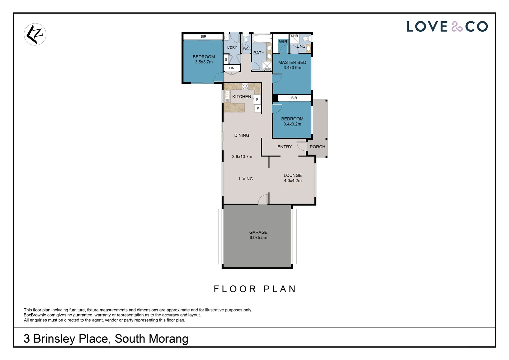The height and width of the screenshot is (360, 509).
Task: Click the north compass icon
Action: tap(35, 34)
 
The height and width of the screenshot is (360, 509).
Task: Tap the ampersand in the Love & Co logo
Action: tap(457, 27)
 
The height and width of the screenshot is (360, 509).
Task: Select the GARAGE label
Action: tap(258, 232)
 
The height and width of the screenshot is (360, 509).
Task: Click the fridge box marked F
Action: tap(257, 99)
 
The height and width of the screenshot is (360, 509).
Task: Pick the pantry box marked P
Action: tap(257, 108)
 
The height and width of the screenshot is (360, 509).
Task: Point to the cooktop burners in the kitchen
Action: tap(245, 86)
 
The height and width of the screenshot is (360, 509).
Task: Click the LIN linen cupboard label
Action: tap(232, 68)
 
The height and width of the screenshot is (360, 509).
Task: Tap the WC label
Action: tap(246, 49)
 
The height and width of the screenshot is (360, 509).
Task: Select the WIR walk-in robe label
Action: tap(283, 42)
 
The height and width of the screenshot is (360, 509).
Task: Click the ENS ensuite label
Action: tap(301, 46)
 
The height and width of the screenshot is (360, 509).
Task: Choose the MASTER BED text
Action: tap(292, 62)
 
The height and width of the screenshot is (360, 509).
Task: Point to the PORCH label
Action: tap(317, 147)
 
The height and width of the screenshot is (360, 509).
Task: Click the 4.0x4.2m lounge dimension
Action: tap(292, 181)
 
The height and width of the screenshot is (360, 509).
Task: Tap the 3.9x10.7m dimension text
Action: tap(242, 156)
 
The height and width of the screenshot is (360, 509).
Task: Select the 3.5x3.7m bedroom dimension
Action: tap(204, 62)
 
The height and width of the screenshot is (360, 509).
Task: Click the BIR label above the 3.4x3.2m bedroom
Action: tap(294, 98)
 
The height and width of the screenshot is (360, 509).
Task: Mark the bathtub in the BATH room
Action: tap(261, 39)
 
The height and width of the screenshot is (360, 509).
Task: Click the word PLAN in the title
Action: tap(279, 289)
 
